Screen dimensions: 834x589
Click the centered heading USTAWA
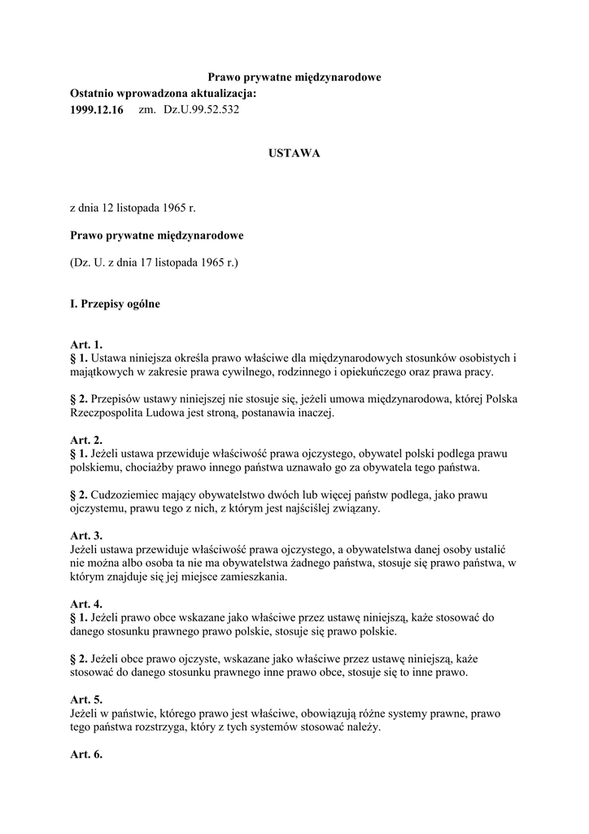(x=294, y=153)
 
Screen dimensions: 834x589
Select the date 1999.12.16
(x=97, y=109)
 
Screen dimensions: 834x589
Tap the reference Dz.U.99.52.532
(x=202, y=109)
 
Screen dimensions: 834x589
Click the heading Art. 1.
(x=86, y=345)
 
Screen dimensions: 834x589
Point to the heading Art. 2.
(x=86, y=441)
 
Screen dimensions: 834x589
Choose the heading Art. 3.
(x=86, y=536)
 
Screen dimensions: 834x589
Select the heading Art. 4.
(x=86, y=604)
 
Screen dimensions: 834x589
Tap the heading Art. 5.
(x=86, y=700)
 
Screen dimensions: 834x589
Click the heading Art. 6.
(x=86, y=755)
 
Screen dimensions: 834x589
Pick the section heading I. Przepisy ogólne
(x=115, y=305)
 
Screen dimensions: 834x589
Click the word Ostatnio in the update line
(x=95, y=94)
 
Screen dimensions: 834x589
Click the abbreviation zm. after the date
(x=147, y=109)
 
